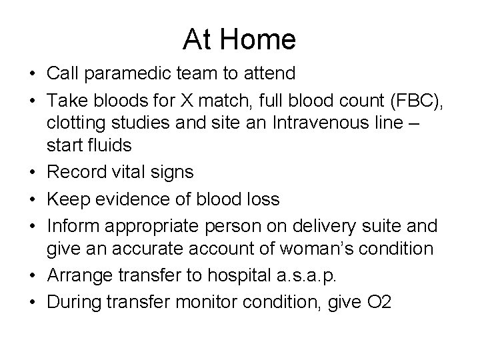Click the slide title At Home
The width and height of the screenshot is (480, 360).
(x=239, y=40)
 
